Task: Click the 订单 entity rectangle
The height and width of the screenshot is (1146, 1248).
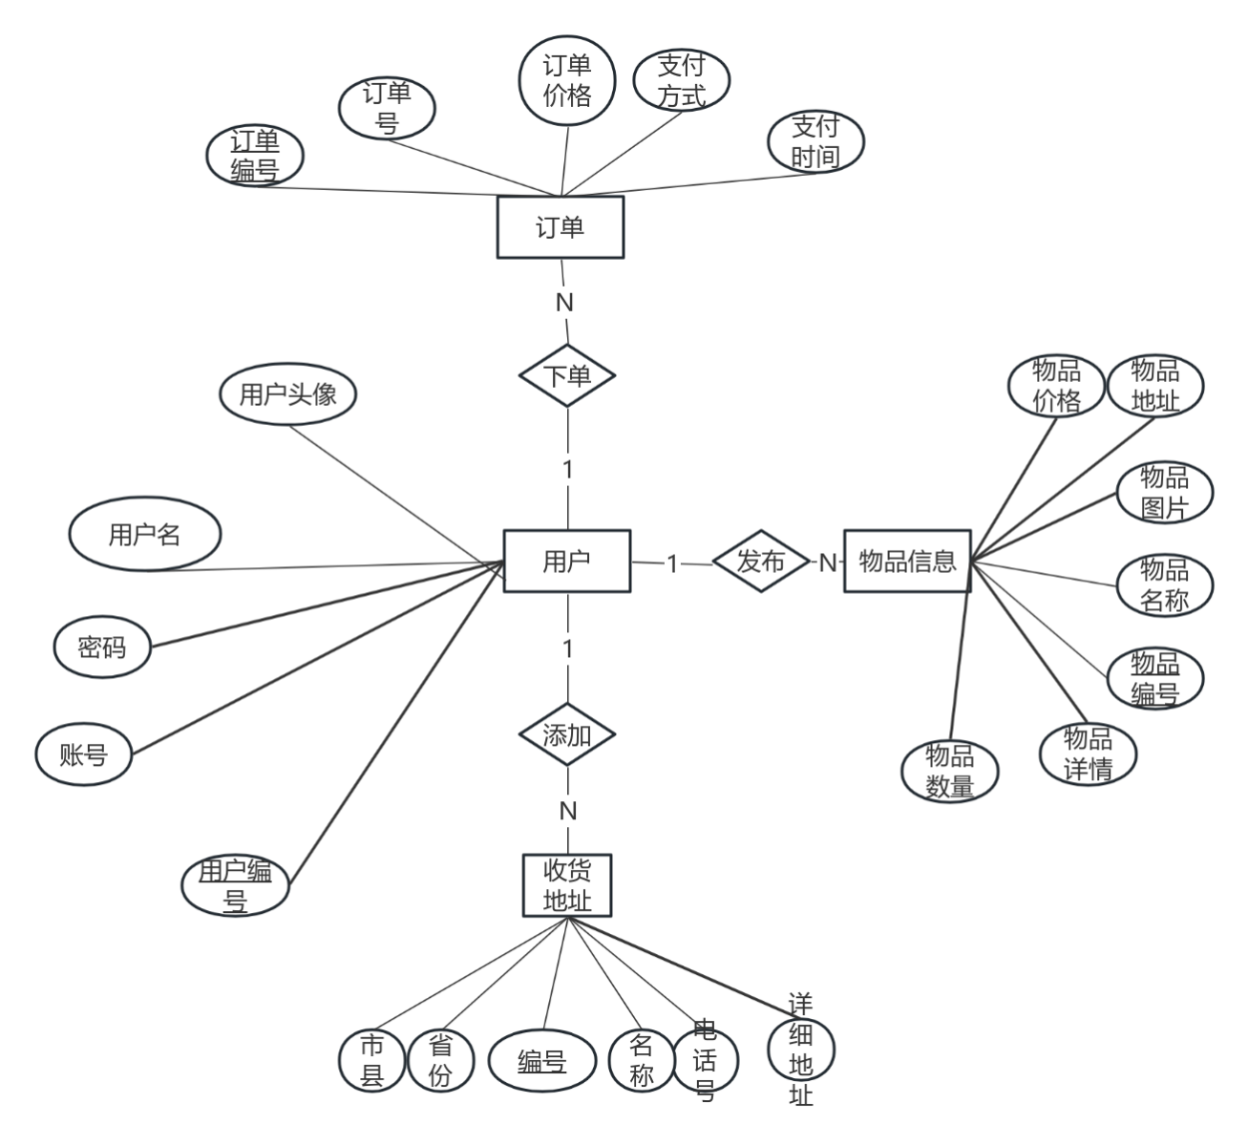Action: (560, 227)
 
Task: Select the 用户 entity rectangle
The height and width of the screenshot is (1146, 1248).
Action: (566, 561)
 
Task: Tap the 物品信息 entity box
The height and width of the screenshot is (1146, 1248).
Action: (906, 561)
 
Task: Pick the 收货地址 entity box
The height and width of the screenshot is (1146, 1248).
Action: (567, 885)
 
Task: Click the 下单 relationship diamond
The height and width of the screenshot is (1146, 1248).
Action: (567, 375)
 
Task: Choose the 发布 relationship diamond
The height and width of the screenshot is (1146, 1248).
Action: (760, 562)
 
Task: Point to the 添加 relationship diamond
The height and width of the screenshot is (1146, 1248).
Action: (567, 735)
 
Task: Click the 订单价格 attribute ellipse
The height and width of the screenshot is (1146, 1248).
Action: (567, 80)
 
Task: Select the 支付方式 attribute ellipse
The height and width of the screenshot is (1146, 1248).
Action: (682, 80)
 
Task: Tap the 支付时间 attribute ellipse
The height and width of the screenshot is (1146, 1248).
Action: (815, 141)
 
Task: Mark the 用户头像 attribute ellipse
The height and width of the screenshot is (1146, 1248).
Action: (287, 394)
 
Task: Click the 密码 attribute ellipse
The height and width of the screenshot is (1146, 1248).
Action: (101, 648)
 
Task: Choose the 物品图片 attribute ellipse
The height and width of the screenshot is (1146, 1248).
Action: (1164, 493)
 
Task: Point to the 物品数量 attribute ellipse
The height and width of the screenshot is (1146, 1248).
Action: (950, 771)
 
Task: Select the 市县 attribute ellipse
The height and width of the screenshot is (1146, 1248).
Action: (371, 1060)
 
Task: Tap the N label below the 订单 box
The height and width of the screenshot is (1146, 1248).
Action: (564, 302)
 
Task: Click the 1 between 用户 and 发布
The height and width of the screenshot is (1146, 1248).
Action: (672, 563)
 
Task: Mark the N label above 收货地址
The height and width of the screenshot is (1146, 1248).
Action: (567, 811)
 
